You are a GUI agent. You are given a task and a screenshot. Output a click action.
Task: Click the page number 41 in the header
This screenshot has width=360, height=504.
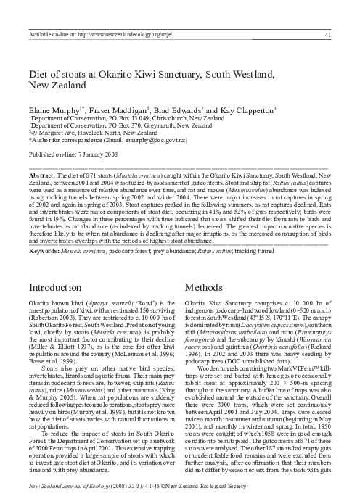(329, 33)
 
